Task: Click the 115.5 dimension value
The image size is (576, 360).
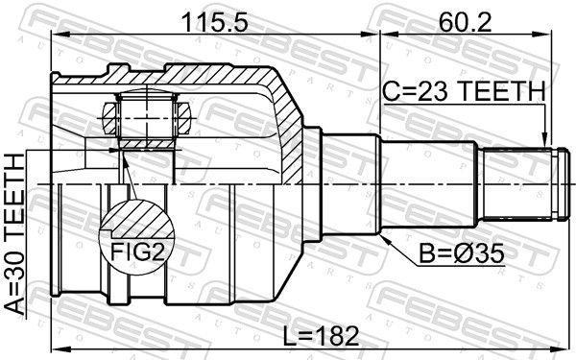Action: pyautogui.click(x=215, y=22)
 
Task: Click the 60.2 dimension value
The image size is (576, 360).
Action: pyautogui.click(x=465, y=22)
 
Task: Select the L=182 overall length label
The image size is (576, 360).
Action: pyautogui.click(x=322, y=336)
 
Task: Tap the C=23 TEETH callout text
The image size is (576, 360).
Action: pyautogui.click(x=464, y=91)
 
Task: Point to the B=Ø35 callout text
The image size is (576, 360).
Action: pyautogui.click(x=462, y=253)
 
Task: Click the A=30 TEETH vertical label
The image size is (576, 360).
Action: pyautogui.click(x=15, y=234)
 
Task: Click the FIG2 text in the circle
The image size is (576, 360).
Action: pyautogui.click(x=136, y=252)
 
